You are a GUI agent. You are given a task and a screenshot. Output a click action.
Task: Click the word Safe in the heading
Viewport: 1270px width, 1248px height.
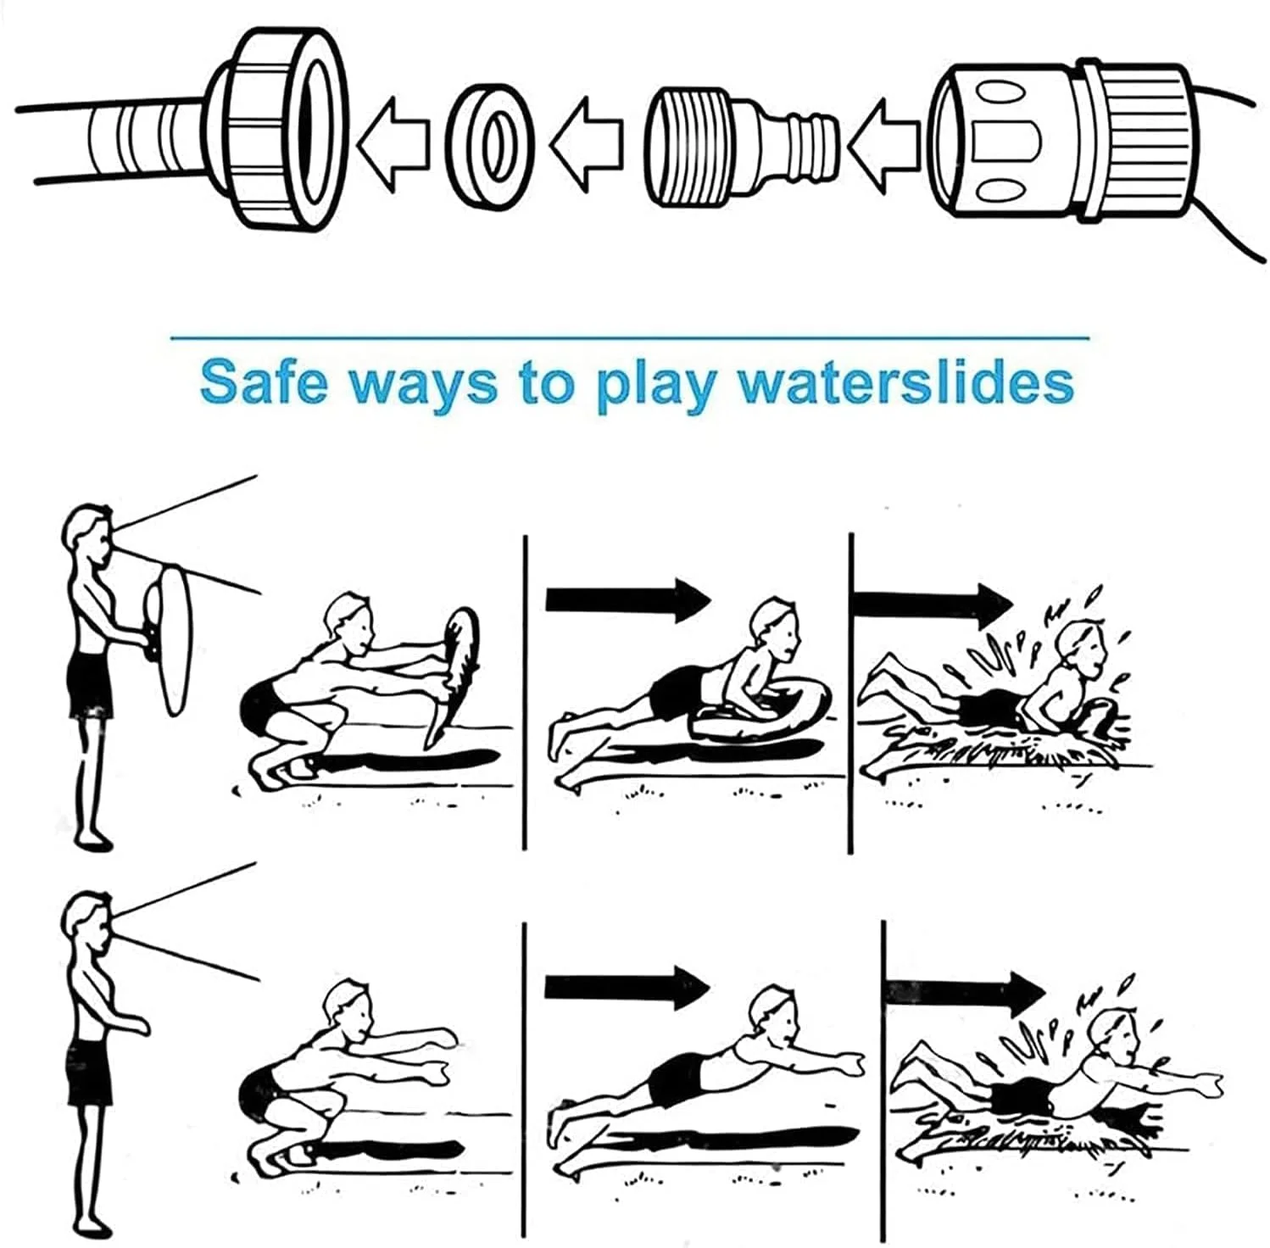[x=264, y=382]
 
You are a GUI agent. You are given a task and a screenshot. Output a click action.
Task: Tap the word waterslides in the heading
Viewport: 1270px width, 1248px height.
[x=905, y=382]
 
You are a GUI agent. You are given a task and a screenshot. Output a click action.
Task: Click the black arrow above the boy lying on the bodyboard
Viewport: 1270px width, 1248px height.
[x=628, y=599]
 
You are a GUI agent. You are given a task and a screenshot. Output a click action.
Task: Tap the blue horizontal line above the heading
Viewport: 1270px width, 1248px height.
[x=629, y=338]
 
